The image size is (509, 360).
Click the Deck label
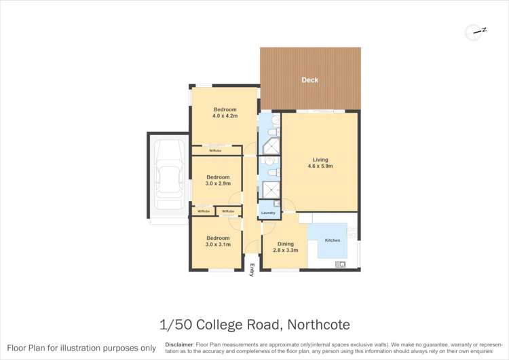click(x=309, y=80)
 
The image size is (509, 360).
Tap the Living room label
click(x=320, y=160)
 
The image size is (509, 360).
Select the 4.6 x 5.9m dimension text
click(x=320, y=166)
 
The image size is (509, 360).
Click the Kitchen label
click(x=332, y=241)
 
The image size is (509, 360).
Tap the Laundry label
click(x=267, y=213)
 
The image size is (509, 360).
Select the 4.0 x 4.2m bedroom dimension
click(x=225, y=116)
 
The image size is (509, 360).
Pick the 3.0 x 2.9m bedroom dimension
click(x=219, y=183)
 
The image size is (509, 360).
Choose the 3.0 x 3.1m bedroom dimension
click(x=218, y=245)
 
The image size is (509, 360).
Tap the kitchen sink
click(x=341, y=264)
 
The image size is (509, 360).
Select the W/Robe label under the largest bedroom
click(x=214, y=150)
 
